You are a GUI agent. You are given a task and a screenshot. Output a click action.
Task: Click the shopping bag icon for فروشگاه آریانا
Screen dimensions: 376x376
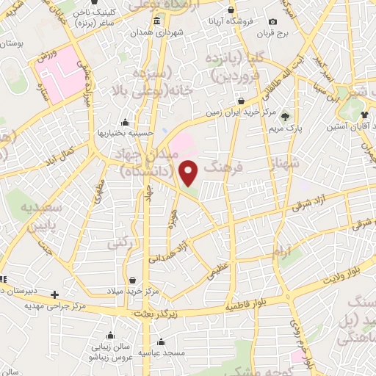coord(231,12)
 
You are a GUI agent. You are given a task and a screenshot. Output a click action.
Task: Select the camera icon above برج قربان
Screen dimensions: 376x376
coord(273,22)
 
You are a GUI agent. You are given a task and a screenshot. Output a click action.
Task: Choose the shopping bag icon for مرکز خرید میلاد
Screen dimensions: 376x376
coord(132,280)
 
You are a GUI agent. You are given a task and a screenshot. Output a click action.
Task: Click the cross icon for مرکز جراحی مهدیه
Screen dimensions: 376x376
coord(54,295)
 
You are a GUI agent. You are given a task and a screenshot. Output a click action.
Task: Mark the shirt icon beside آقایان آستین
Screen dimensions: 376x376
coord(366,115)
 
